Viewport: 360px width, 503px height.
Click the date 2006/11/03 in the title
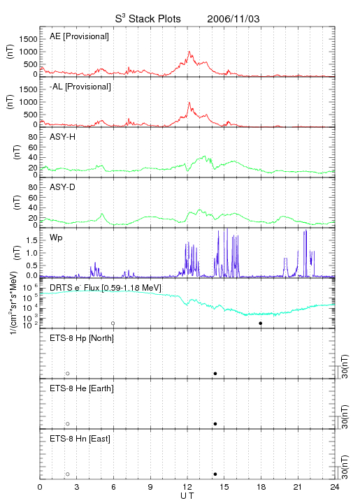(233, 19)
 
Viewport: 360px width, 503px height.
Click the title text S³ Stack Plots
(148, 19)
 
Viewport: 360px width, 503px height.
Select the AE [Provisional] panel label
(79, 36)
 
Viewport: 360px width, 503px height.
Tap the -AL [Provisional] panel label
(80, 87)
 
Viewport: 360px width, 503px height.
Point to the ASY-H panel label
(63, 137)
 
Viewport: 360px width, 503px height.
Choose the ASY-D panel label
(63, 187)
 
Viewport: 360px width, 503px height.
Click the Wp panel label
(56, 238)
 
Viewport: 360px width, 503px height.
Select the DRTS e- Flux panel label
(106, 288)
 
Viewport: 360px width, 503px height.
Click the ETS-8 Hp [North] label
(82, 338)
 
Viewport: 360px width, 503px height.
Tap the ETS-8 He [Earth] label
(82, 388)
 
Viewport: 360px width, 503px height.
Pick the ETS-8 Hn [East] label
(80, 439)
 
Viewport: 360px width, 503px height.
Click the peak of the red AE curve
(189, 51)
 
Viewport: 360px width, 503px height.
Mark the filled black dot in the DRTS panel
(261, 323)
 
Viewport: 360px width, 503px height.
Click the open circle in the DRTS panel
(113, 323)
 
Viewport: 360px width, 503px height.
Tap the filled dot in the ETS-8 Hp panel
(215, 373)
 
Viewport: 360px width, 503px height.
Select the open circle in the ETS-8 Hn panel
(68, 474)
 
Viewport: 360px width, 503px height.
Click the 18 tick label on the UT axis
(261, 487)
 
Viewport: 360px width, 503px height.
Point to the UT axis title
(187, 496)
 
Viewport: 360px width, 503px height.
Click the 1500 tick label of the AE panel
(28, 39)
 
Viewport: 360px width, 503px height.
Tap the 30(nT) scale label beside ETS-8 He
(345, 416)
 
